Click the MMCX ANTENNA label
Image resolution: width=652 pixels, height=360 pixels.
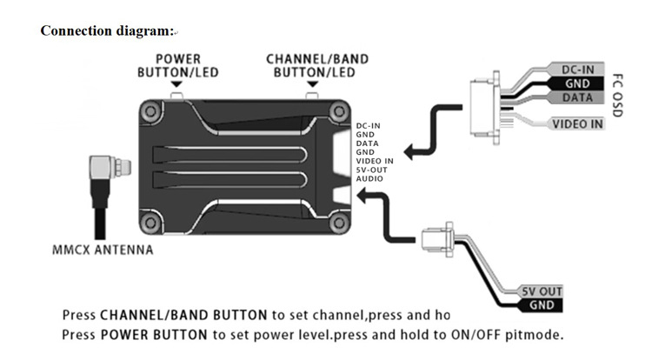click(103, 250)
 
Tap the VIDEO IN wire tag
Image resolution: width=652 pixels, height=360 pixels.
click(576, 123)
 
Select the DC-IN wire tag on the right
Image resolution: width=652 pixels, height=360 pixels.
click(577, 70)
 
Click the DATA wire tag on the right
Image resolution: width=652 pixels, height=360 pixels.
click(577, 97)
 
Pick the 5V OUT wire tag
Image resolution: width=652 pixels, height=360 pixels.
click(542, 291)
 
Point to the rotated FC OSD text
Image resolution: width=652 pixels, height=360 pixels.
click(618, 96)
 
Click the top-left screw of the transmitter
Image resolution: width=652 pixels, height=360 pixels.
click(150, 111)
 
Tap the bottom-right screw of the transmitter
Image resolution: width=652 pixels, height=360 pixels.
click(339, 223)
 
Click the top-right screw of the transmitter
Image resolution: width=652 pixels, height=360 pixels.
click(339, 111)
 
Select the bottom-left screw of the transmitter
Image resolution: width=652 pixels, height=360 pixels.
click(150, 223)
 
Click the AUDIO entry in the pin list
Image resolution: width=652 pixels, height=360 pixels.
click(369, 179)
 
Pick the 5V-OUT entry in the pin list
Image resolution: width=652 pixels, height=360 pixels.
click(371, 170)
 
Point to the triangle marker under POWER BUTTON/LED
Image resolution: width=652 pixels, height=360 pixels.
click(176, 84)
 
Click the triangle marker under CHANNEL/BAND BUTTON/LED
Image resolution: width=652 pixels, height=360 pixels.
click(312, 84)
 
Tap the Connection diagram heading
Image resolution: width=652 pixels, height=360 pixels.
click(107, 30)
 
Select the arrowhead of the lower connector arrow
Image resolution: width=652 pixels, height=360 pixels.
click(363, 196)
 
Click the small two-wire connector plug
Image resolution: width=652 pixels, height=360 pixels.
click(436, 240)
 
